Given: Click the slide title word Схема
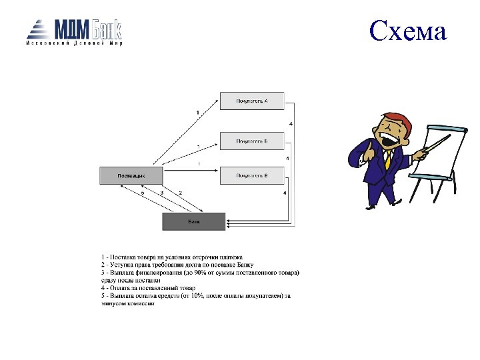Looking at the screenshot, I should coord(407,31).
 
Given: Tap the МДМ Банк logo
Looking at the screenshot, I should coord(74,32).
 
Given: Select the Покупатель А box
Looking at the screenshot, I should coord(252,101).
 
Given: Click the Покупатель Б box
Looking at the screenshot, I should coord(252,141).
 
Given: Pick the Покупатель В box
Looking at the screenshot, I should coord(252,175).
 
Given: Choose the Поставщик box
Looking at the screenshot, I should coord(131,175).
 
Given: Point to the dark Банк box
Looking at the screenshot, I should coord(194,221).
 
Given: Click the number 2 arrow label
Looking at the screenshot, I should coord(180,192).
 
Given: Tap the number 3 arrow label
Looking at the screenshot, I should coord(162,192).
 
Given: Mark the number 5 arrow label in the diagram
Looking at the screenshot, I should coord(142,192).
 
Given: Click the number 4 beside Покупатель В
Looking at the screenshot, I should coord(285,192).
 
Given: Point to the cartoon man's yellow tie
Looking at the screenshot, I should coord(387,159).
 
